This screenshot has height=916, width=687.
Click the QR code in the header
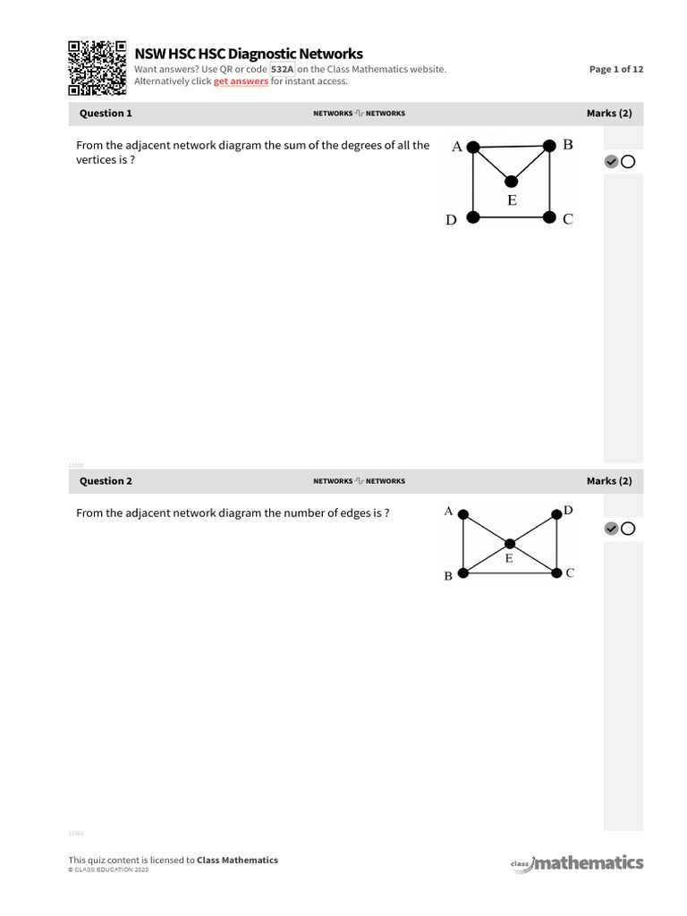98,67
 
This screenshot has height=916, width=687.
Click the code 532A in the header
282,69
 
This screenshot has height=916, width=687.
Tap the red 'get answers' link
241,81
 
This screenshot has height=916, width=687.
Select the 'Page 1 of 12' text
615,69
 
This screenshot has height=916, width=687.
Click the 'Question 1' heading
106,114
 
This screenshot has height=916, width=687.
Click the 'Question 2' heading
106,481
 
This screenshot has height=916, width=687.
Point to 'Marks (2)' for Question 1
608,114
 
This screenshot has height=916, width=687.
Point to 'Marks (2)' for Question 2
608,481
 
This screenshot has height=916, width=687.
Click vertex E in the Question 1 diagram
511,181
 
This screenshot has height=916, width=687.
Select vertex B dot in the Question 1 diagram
547,146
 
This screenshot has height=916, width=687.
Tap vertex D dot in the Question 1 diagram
474,216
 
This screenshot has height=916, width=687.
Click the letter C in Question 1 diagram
567,219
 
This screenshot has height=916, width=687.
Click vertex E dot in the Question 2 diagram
510,543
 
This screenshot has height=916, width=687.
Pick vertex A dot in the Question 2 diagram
463,514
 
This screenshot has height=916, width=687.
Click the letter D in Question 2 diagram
568,511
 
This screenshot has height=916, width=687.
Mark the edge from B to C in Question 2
510,572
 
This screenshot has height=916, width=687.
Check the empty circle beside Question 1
627,162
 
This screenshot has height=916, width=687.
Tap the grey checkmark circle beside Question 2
611,529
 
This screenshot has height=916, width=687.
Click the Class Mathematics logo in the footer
577,862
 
